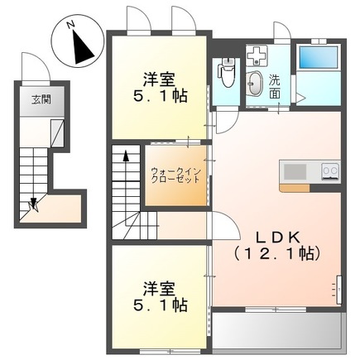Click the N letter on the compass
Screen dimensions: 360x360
[72, 27]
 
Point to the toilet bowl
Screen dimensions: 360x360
[226, 74]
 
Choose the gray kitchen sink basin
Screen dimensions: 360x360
[295, 171]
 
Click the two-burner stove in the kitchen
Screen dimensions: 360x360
[329, 172]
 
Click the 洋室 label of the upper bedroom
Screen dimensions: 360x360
[159, 80]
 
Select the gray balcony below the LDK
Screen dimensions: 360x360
[277, 330]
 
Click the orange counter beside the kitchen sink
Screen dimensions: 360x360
[294, 188]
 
